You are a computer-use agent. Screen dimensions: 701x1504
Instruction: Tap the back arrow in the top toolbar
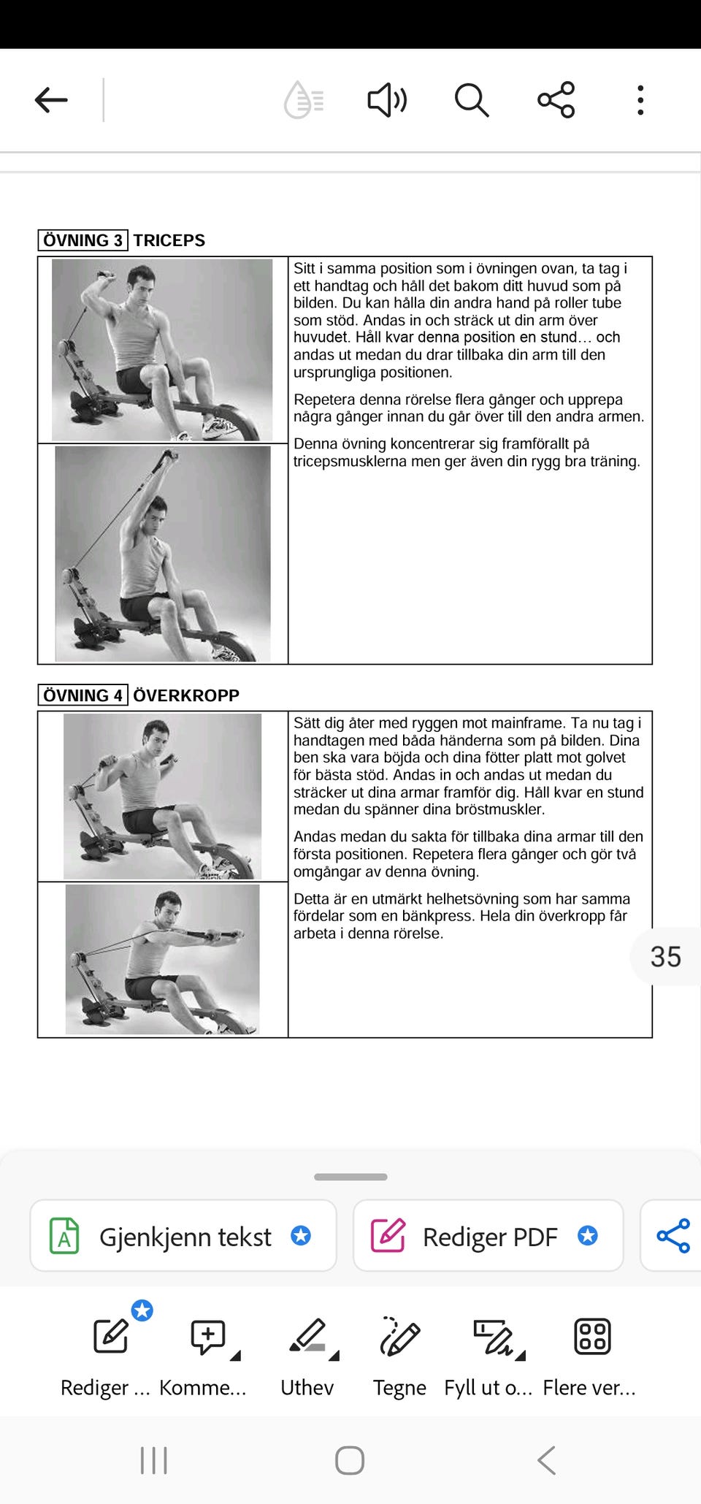pyautogui.click(x=51, y=100)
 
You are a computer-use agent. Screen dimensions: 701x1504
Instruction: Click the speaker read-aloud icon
pyautogui.click(x=387, y=100)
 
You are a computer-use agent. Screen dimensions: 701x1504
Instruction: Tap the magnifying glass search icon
pyautogui.click(x=472, y=100)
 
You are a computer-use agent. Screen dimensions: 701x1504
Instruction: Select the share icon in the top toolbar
pyautogui.click(x=556, y=100)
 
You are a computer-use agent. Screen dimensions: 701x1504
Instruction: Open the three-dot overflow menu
pyautogui.click(x=640, y=100)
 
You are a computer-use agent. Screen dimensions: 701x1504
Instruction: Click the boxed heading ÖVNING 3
pyautogui.click(x=83, y=240)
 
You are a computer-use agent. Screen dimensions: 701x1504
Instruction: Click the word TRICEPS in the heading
pyautogui.click(x=169, y=240)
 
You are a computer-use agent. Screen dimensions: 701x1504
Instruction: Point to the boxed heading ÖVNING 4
pyautogui.click(x=83, y=695)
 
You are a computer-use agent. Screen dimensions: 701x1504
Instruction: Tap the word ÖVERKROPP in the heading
pyautogui.click(x=186, y=695)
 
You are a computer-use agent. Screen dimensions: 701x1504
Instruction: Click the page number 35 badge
pyautogui.click(x=665, y=957)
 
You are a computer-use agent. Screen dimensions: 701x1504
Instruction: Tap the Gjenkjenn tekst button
pyautogui.click(x=183, y=1236)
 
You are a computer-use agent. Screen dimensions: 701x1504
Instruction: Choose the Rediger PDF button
pyautogui.click(x=488, y=1236)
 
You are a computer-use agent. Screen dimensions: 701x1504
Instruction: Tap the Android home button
pyautogui.click(x=350, y=1461)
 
